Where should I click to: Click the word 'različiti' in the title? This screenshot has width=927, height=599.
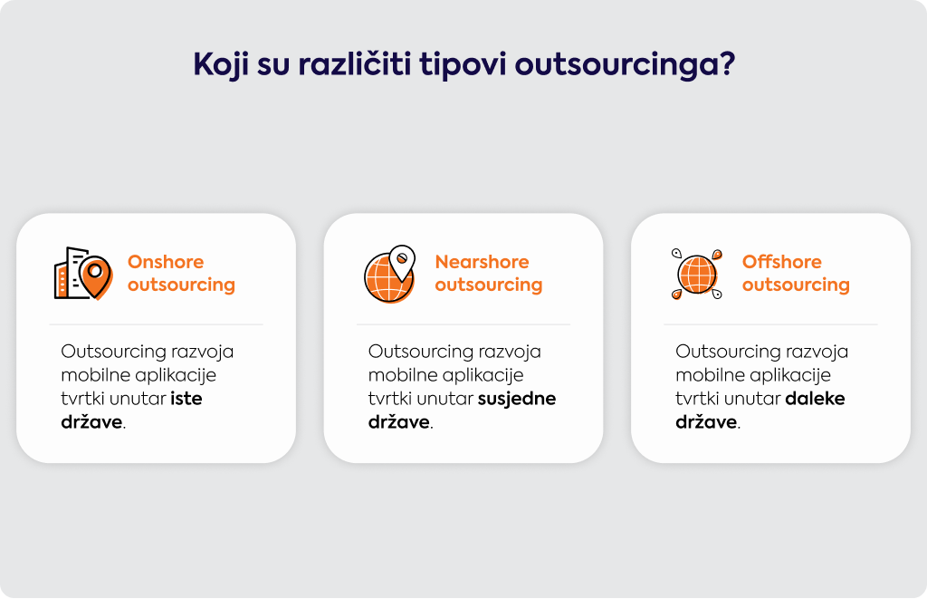(x=354, y=63)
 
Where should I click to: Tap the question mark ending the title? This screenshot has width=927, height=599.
(x=727, y=63)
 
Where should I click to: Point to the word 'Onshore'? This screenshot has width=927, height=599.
(x=166, y=262)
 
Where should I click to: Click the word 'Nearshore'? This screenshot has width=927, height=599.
(x=482, y=262)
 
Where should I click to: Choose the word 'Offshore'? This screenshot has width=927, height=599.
(x=781, y=262)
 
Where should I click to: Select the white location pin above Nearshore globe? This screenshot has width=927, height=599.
(x=402, y=262)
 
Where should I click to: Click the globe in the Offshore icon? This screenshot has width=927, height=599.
(x=697, y=275)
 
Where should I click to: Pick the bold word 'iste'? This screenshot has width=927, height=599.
(x=186, y=399)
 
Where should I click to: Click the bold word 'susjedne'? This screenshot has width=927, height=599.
(x=517, y=400)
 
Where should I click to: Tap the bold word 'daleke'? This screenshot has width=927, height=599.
(x=816, y=399)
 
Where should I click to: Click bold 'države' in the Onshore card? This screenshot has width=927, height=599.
(x=91, y=421)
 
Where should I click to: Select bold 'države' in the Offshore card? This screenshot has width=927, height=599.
(x=706, y=421)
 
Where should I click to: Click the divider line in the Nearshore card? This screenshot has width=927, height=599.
(x=463, y=324)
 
